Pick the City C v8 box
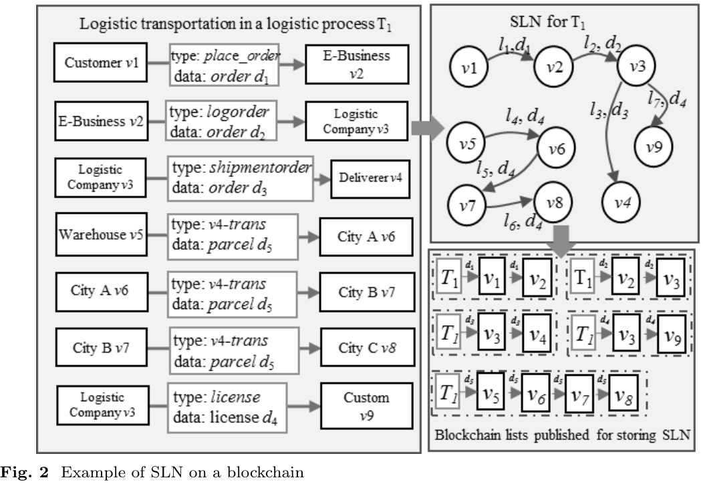click(x=362, y=347)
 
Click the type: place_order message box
click(x=225, y=64)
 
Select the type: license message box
click(x=227, y=405)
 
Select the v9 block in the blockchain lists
click(x=671, y=330)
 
